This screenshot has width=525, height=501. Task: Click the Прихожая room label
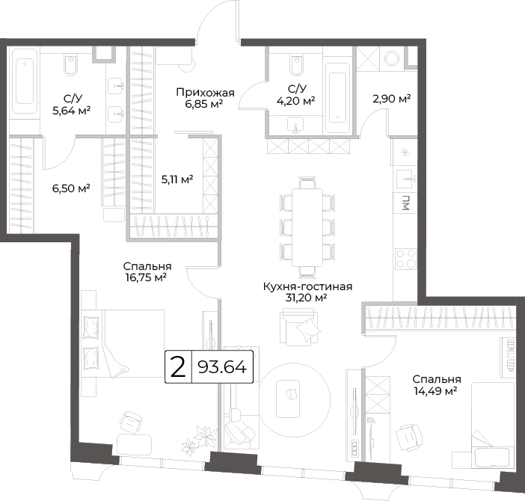[205, 93]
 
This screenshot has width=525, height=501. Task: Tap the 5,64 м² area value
[72, 111]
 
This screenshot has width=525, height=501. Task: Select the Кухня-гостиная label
[307, 287]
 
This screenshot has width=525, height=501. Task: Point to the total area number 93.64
[222, 367]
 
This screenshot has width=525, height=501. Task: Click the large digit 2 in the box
[178, 367]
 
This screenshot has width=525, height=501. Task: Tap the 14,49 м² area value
[436, 390]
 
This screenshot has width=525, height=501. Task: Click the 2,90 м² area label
[392, 99]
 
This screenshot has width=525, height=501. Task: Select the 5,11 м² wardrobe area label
[177, 179]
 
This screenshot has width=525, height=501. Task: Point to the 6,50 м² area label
[71, 188]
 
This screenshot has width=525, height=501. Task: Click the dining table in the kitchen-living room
[307, 227]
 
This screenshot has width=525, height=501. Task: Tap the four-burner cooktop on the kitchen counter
[405, 259]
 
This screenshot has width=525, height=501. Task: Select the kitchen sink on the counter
[406, 179]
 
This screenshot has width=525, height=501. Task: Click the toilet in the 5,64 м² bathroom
[70, 65]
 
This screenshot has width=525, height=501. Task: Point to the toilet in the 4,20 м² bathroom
[297, 65]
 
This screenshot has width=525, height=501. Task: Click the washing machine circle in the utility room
[392, 58]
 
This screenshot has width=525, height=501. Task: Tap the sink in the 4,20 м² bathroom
[295, 125]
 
